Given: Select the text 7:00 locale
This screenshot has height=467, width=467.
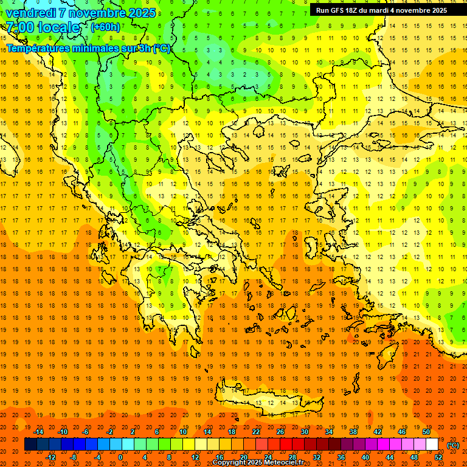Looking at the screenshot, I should [43, 27].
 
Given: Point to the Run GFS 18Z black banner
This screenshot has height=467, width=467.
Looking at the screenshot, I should [381, 10].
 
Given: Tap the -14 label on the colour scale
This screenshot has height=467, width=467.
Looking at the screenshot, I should [38, 432].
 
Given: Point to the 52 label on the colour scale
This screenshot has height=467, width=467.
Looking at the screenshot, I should [438, 457].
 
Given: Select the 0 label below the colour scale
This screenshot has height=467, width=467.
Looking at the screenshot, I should [120, 457].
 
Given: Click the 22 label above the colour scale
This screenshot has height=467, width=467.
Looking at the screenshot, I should [256, 432].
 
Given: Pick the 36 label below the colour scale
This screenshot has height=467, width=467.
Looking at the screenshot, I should [341, 457].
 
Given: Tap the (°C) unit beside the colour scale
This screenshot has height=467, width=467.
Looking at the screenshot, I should [452, 445].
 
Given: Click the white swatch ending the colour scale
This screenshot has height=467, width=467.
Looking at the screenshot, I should [432, 445].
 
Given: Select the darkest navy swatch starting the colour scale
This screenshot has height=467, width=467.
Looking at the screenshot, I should [30, 445].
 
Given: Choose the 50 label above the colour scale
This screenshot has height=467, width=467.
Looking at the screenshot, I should [426, 432].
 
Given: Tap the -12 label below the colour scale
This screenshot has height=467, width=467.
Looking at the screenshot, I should [51, 457].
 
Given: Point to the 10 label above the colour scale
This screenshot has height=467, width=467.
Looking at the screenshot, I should [183, 432].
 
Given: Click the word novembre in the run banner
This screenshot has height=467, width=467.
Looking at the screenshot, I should [410, 10].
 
